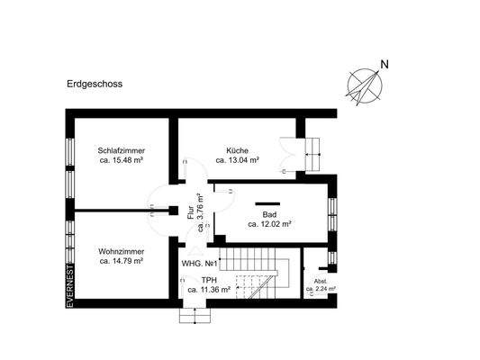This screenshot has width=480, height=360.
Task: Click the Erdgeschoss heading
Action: (x=95, y=85)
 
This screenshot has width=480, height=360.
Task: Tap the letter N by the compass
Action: (x=385, y=64)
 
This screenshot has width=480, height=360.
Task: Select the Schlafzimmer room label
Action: (x=122, y=150)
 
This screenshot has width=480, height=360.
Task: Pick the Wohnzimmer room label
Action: (x=122, y=252)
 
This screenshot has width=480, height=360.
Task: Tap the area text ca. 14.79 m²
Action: (x=122, y=262)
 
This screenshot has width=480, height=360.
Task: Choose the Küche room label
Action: (x=238, y=150)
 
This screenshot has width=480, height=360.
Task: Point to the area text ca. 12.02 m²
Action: (x=268, y=226)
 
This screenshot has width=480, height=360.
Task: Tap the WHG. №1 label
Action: (x=199, y=264)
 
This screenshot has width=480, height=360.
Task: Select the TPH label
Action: (x=209, y=280)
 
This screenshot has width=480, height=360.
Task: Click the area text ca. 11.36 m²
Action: (x=210, y=290)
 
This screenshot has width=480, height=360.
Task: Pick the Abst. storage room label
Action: (x=320, y=281)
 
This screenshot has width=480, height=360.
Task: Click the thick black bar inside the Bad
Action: (x=267, y=202)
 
